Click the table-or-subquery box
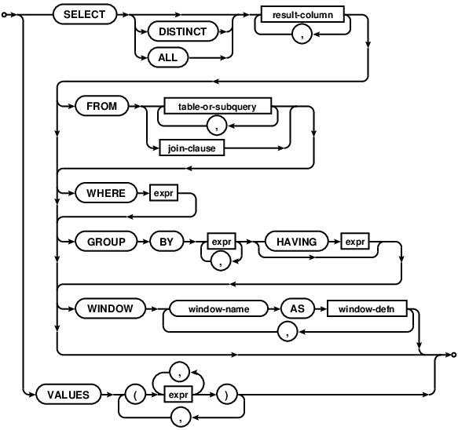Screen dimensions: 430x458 (x=218, y=104)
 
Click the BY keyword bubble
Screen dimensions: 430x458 (x=167, y=242)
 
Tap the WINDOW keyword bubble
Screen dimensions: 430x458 (x=108, y=308)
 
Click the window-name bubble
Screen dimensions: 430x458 (x=218, y=308)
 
